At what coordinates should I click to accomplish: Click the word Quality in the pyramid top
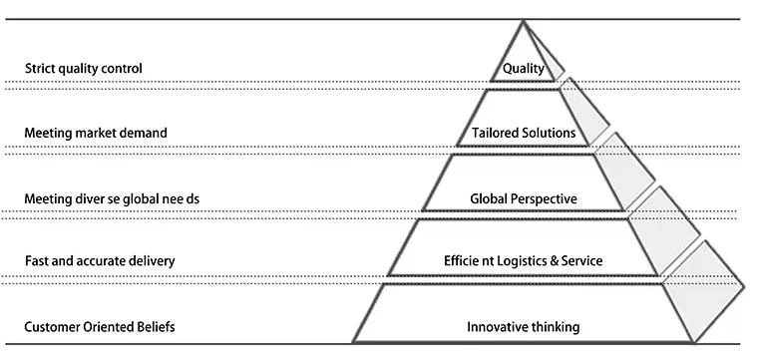[524, 69]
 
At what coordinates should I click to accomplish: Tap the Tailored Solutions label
[524, 133]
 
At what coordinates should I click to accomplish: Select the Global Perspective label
[524, 198]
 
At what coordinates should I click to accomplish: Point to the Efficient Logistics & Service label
[524, 260]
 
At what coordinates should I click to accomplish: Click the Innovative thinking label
[524, 327]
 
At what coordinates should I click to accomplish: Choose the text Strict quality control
[84, 69]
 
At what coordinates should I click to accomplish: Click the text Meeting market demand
[96, 133]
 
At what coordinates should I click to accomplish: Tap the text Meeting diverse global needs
[112, 198]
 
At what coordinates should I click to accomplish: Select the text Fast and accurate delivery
[100, 261]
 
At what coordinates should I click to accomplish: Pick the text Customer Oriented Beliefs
[100, 327]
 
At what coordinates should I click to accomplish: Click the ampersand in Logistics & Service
[555, 261]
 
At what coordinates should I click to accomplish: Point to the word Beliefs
[156, 327]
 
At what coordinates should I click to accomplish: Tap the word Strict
[39, 69]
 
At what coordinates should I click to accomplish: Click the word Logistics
[525, 261]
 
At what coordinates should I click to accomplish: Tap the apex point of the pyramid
[523, 21]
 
